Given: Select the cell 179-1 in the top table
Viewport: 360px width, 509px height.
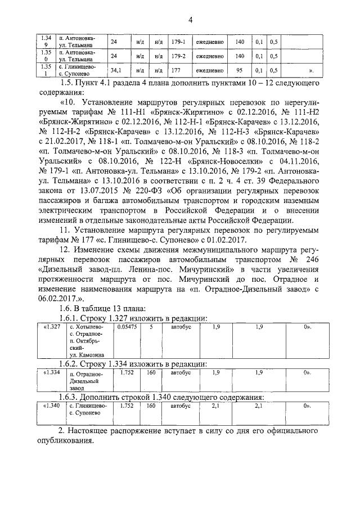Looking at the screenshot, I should [178, 42].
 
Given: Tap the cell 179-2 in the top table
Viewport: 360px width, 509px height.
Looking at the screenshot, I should [178, 56].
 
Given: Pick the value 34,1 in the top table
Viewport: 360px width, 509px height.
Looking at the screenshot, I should [116, 71].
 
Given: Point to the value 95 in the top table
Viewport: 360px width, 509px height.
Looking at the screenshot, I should [239, 71].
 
